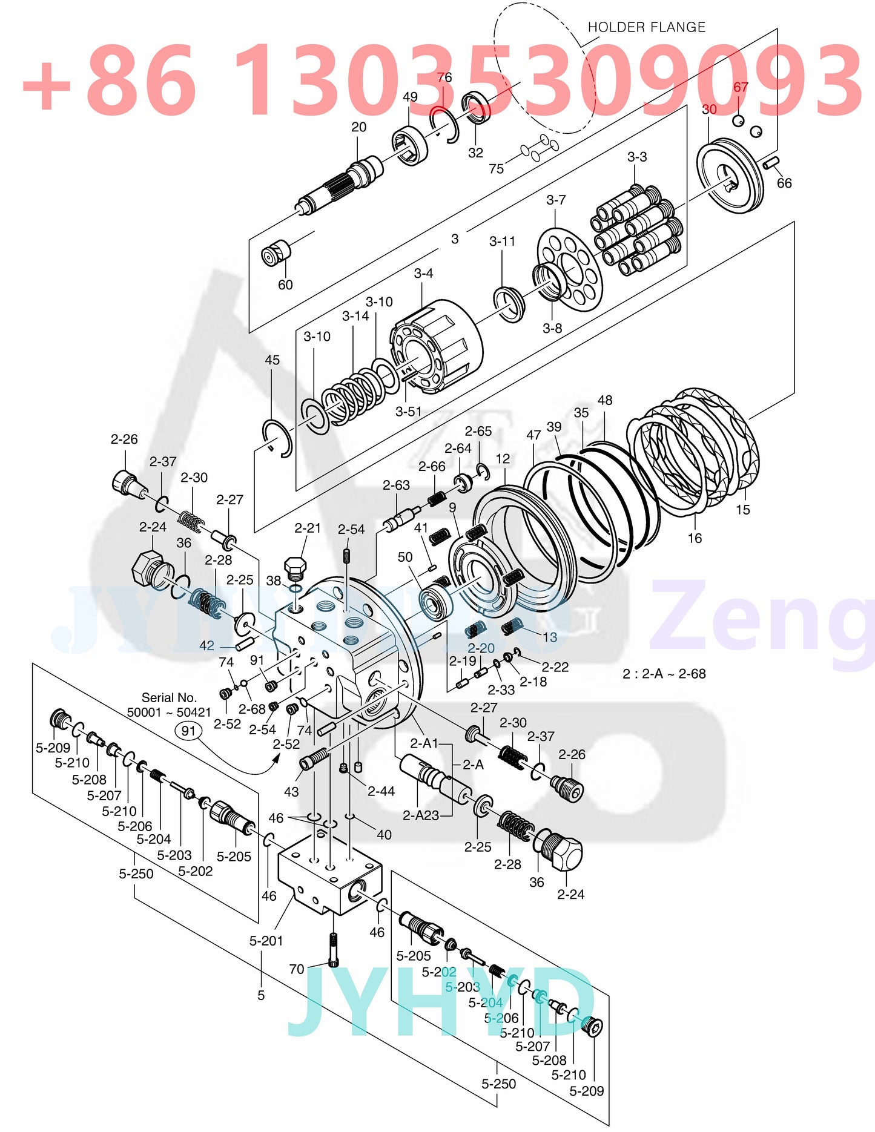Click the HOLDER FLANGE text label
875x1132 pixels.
click(646, 27)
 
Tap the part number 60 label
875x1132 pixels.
click(285, 285)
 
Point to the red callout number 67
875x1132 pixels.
click(741, 87)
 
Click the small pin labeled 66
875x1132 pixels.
click(770, 162)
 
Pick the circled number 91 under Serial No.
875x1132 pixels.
click(189, 731)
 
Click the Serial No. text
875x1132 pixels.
click(169, 698)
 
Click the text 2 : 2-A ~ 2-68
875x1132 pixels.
click(664, 674)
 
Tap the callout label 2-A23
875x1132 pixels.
click(421, 815)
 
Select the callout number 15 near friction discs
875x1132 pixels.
click(742, 510)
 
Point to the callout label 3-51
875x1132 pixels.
click(408, 412)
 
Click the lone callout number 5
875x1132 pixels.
click(261, 995)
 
